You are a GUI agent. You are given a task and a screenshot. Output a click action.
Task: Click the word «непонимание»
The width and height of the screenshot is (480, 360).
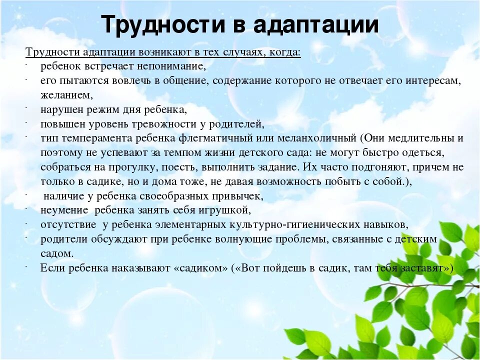(171, 66)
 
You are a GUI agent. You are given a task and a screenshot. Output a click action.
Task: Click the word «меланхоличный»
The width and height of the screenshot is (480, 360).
(317, 138)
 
